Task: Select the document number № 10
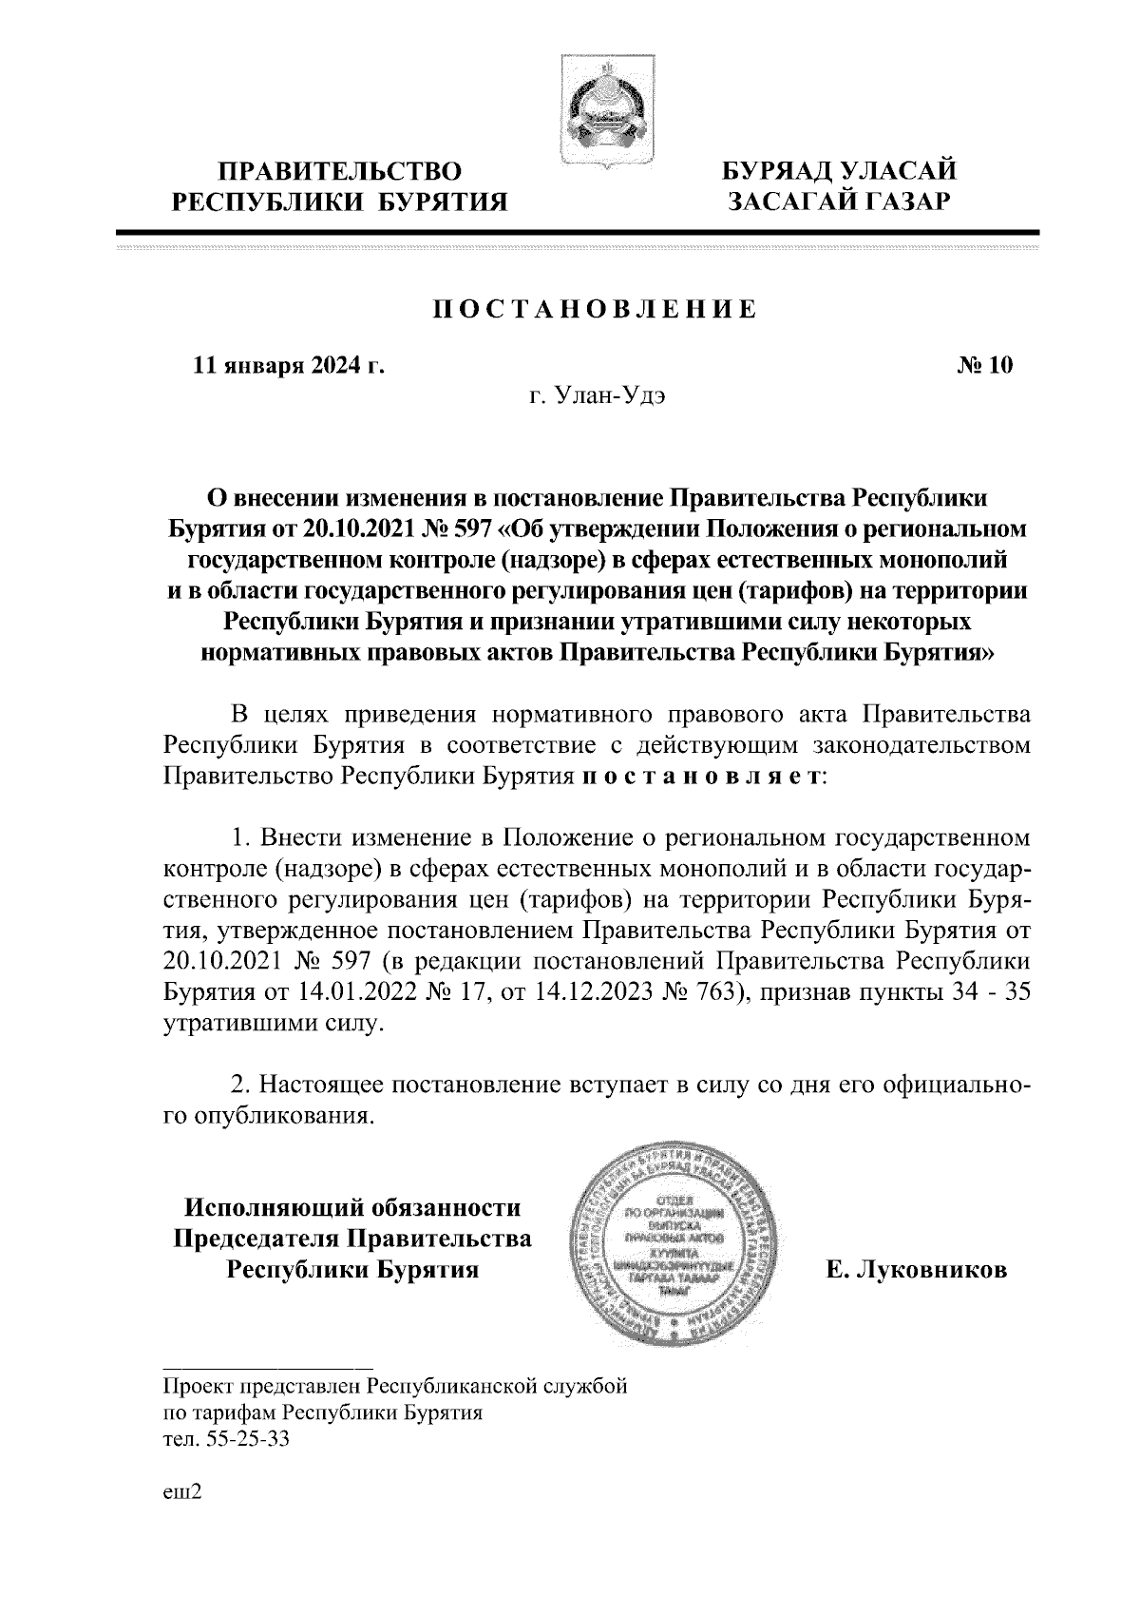coord(985,366)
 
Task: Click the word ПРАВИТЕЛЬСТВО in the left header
coord(342,171)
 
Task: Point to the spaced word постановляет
coord(699,776)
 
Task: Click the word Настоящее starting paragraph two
coord(319,1085)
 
